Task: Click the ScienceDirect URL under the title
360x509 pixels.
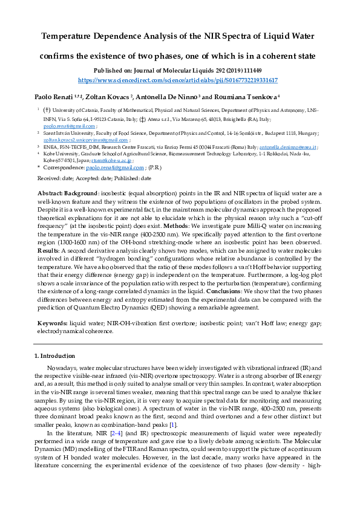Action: pyautogui.click(x=178, y=80)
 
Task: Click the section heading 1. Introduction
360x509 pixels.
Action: pyautogui.click(x=54, y=355)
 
